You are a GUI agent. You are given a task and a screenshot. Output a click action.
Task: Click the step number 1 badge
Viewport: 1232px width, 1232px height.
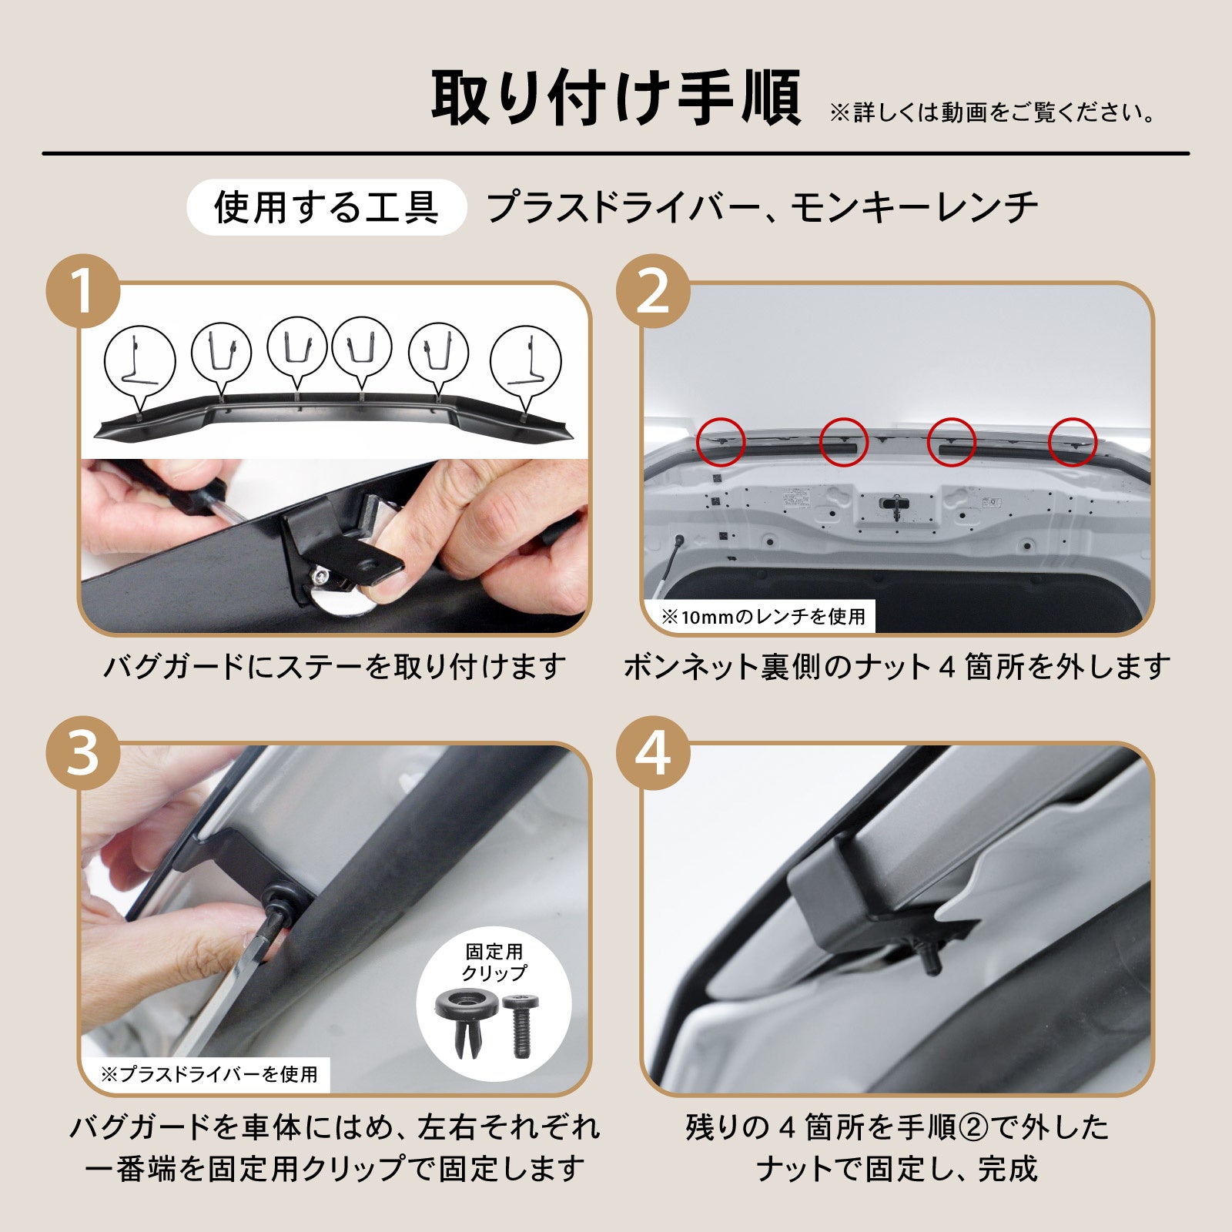84,292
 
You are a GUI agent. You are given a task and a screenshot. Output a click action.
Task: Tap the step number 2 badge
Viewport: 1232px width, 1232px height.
654,292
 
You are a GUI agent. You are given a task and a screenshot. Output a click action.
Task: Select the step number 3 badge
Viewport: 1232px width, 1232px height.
84,754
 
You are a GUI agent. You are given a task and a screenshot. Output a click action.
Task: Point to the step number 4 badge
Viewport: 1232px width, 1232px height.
654,754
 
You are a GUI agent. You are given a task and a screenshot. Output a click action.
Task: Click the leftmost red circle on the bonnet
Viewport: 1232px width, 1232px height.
721,442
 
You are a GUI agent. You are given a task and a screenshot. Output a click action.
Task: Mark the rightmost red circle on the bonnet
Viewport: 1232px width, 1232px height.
1073,442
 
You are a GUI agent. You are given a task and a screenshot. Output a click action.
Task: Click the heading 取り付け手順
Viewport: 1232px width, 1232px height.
616,99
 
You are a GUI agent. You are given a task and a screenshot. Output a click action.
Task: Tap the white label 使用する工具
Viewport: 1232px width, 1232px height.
326,207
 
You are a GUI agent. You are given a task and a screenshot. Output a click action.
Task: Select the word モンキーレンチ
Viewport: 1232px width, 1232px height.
915,207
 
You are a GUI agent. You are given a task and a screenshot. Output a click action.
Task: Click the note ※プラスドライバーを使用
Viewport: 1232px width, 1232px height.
209,1074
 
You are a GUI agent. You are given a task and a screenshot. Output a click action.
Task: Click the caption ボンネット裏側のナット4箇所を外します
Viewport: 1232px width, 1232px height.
897,667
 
